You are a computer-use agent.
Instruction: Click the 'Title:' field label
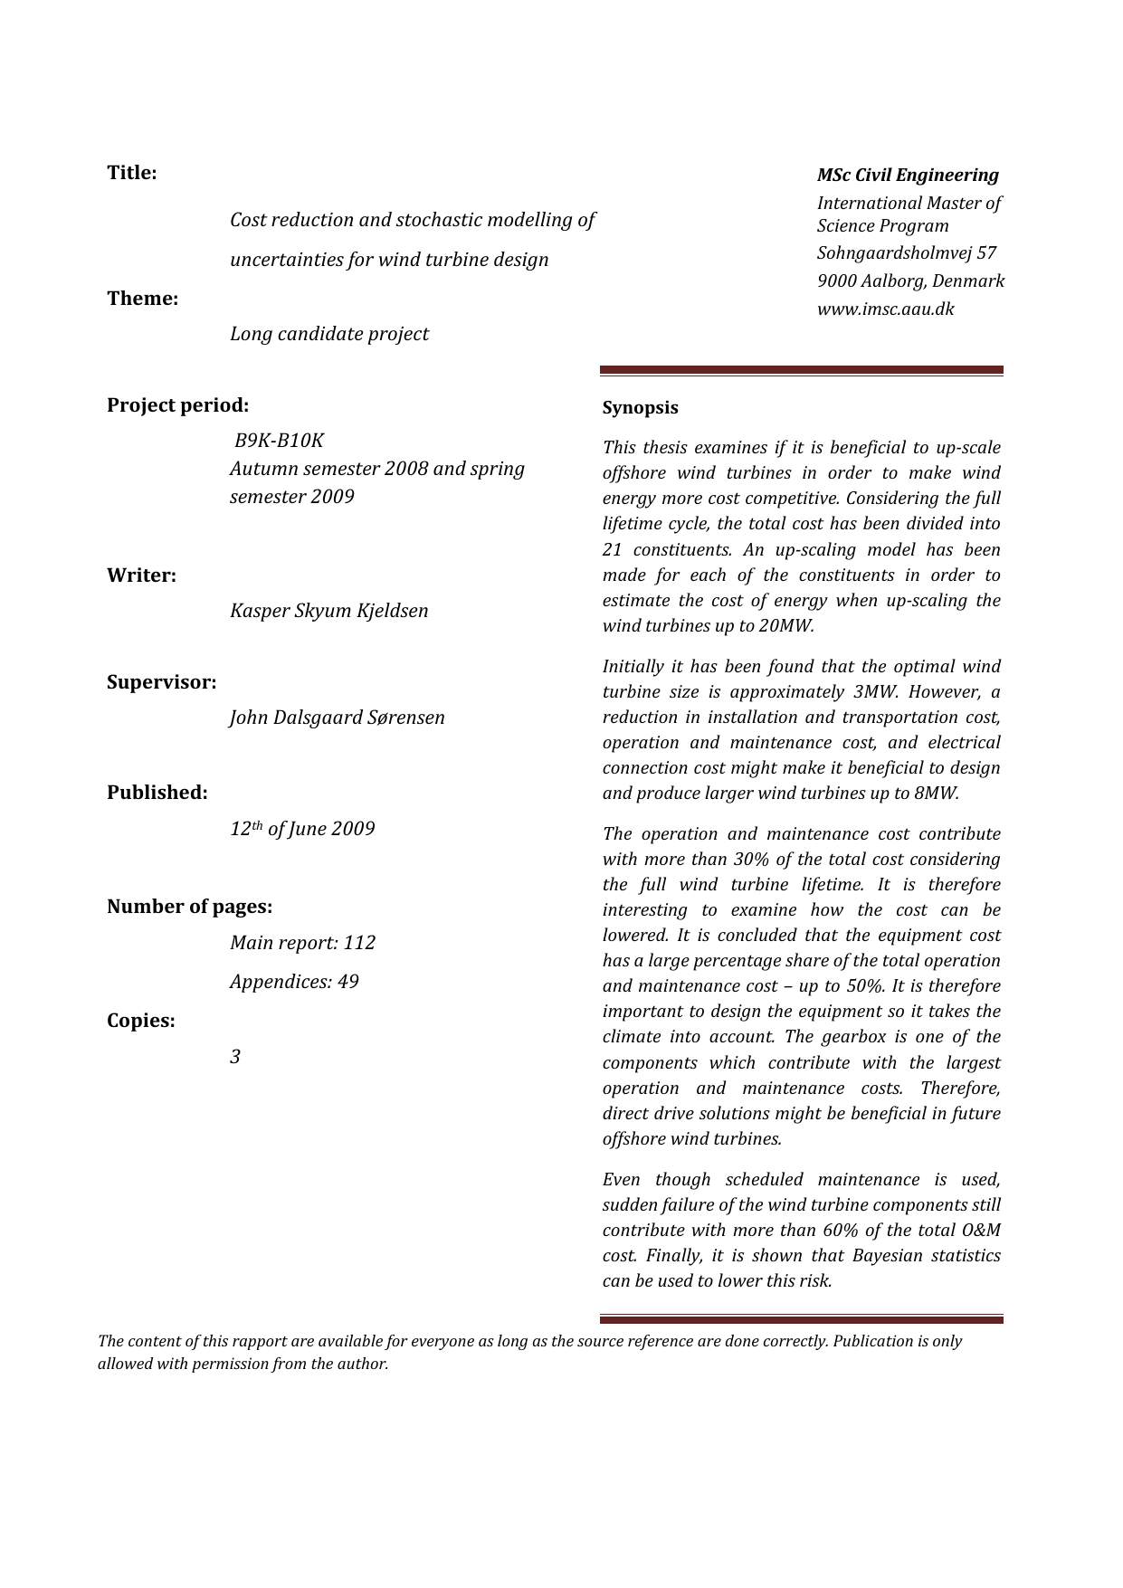[x=132, y=173]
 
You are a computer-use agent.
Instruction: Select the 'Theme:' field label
[x=143, y=299]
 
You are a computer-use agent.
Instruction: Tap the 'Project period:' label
[x=177, y=405]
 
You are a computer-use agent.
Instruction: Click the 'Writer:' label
[x=142, y=575]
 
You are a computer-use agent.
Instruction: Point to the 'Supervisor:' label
[x=162, y=682]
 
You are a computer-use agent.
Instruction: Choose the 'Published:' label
[x=157, y=793]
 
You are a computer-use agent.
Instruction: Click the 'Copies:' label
[x=141, y=1021]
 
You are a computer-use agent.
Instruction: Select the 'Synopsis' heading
[x=641, y=408]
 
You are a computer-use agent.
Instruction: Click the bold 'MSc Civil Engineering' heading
[x=908, y=176]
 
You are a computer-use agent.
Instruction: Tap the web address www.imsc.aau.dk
[x=886, y=309]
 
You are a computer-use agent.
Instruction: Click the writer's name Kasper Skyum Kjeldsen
[x=329, y=611]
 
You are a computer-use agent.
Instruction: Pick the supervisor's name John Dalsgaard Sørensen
[x=338, y=718]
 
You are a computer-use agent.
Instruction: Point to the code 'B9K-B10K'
[x=279, y=441]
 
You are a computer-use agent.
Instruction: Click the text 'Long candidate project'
[x=329, y=334]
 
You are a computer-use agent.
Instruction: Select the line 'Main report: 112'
[x=302, y=943]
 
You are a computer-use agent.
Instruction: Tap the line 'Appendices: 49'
[x=294, y=982]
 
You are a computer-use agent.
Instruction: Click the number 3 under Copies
[x=235, y=1057]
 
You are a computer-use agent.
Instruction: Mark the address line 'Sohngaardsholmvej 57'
[x=907, y=253]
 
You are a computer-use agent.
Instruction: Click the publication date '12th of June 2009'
[x=302, y=829]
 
